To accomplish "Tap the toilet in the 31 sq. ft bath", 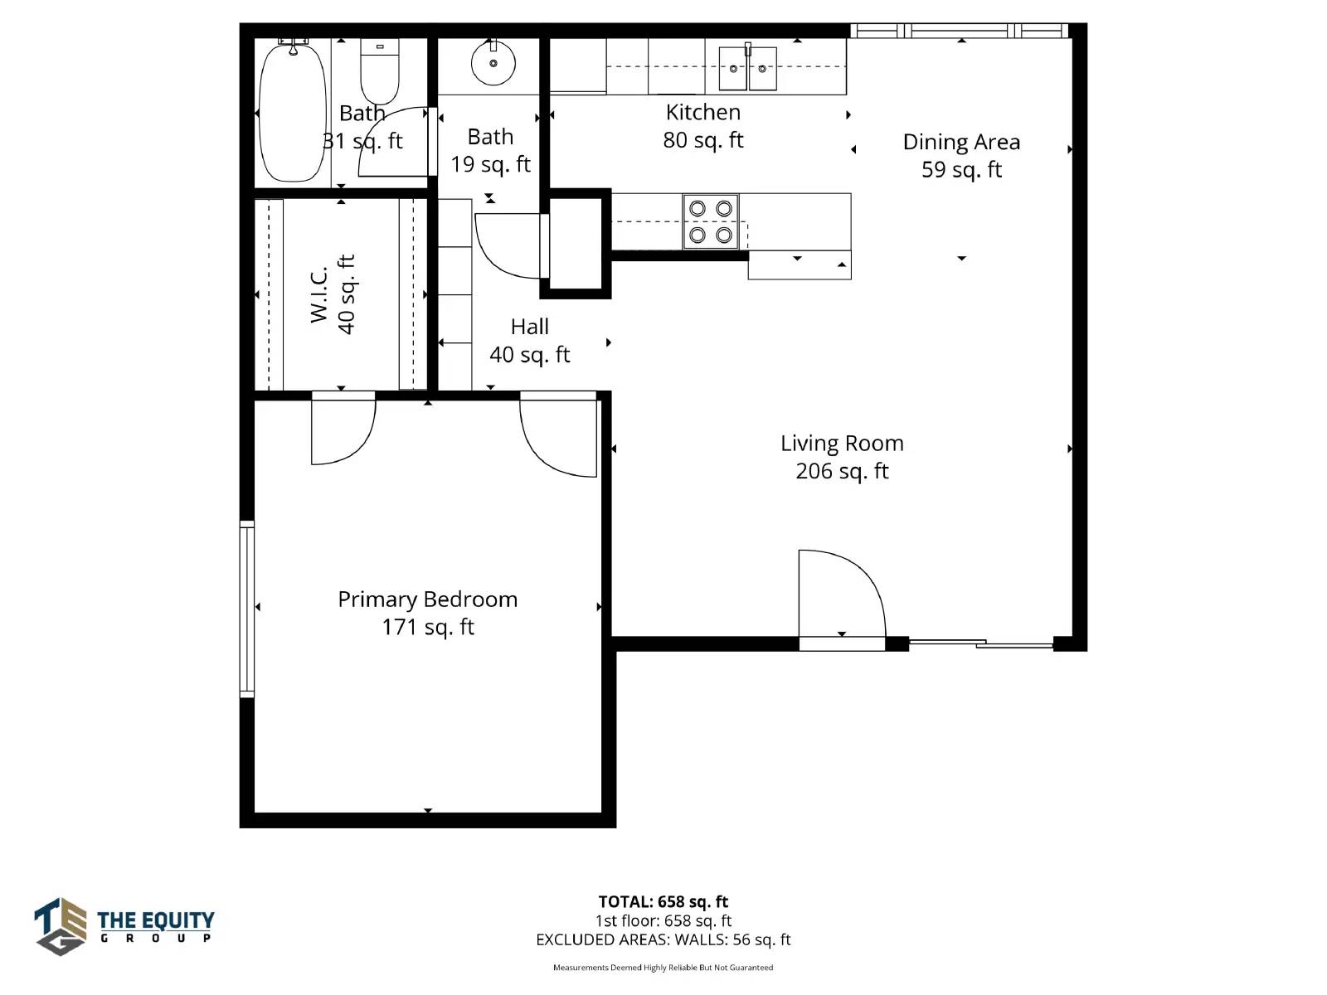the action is coord(380,71).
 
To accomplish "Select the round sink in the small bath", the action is coord(493,63).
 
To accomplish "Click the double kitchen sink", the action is coord(748,68).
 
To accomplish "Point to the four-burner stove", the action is coord(710,221).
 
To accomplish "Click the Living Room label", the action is coord(842,444).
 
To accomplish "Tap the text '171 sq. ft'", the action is coord(428,627).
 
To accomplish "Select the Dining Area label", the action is coord(961,143).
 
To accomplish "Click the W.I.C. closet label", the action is coord(319,294).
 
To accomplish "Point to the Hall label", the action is coord(530,327).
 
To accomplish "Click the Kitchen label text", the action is coord(703,113).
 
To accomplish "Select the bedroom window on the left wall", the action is coord(246,609).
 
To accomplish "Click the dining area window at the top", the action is coord(959,30).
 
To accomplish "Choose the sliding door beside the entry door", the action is coord(980,644).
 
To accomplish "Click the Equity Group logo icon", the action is coord(61,926).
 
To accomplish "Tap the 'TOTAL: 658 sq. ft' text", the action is coord(663,902).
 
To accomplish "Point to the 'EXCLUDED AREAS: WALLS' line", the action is coord(663,940).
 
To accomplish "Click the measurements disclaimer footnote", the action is coord(663,968).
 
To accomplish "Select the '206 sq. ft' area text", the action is coord(842,471).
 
